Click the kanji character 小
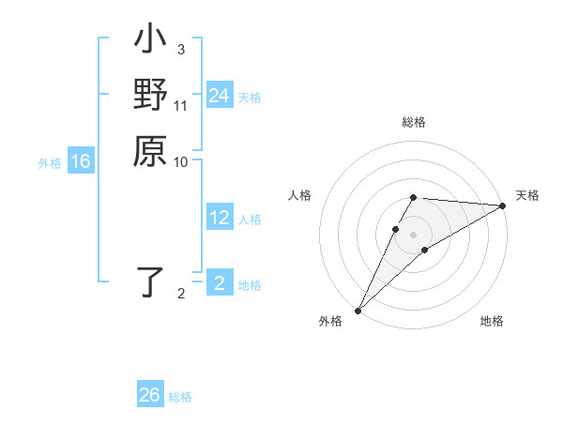pyautogui.click(x=150, y=42)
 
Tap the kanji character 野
pyautogui.click(x=150, y=96)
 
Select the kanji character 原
pyautogui.click(x=150, y=151)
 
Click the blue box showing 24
pyautogui.click(x=219, y=96)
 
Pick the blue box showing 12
pyautogui.click(x=219, y=219)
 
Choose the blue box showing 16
pyautogui.click(x=81, y=162)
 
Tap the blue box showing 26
pyautogui.click(x=150, y=395)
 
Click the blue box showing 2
pyautogui.click(x=219, y=284)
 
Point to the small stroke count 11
pyautogui.click(x=181, y=105)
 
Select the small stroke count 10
pyautogui.click(x=181, y=161)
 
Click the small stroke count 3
pyautogui.click(x=180, y=50)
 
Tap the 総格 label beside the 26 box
pyautogui.click(x=180, y=397)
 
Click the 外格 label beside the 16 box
pyautogui.click(x=50, y=163)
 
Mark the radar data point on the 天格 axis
pyautogui.click(x=503, y=206)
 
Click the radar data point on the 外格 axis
pyautogui.click(x=358, y=310)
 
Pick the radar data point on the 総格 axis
pyautogui.click(x=414, y=197)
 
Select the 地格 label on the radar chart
pyautogui.click(x=492, y=322)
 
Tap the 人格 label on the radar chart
pyautogui.click(x=300, y=195)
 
